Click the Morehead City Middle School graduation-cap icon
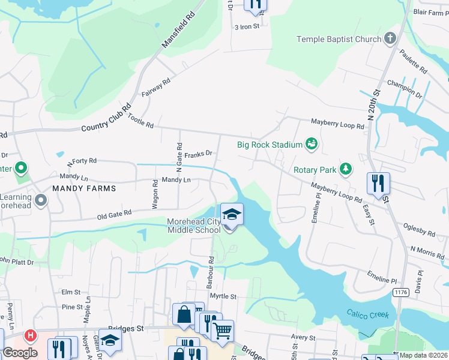click(232, 214)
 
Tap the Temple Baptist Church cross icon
click(390, 39)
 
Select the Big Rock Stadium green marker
click(311, 144)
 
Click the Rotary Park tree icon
click(345, 170)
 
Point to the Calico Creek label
click(367, 314)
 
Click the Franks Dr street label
click(199, 155)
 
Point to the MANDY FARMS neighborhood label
click(84, 188)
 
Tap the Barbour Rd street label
click(211, 272)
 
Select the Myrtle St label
click(223, 296)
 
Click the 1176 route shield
click(401, 292)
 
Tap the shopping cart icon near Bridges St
click(222, 330)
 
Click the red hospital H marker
click(30, 336)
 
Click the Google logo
click(20, 353)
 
